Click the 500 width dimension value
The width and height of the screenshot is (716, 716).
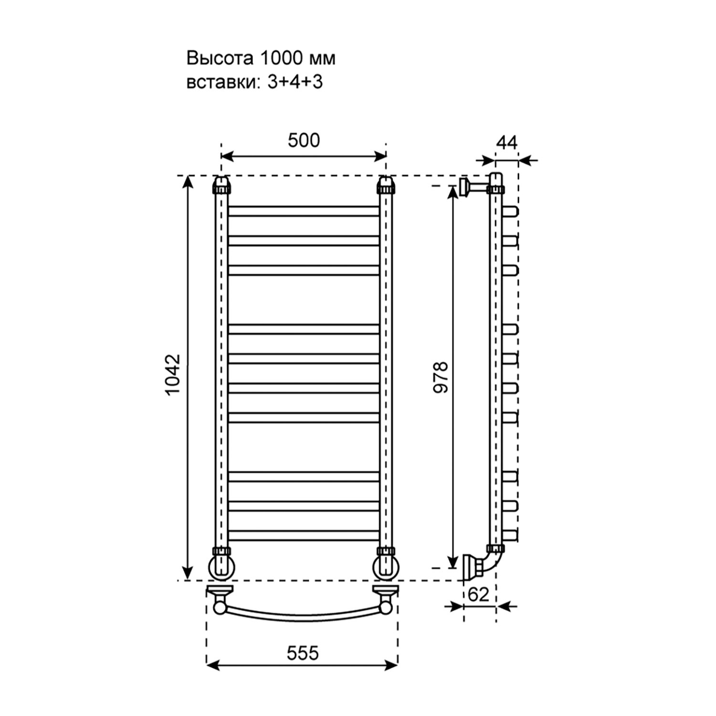pos(304,141)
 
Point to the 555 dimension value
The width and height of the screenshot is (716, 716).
pos(303,653)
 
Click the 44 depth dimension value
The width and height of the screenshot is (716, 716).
pos(507,142)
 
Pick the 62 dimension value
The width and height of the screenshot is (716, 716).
pos(479,594)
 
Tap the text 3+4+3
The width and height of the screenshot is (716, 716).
pos(295,82)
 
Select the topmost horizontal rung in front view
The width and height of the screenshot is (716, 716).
pos(304,211)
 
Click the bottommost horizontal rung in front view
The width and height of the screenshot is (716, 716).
pos(304,536)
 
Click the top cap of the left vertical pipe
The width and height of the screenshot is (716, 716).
pos(221,184)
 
